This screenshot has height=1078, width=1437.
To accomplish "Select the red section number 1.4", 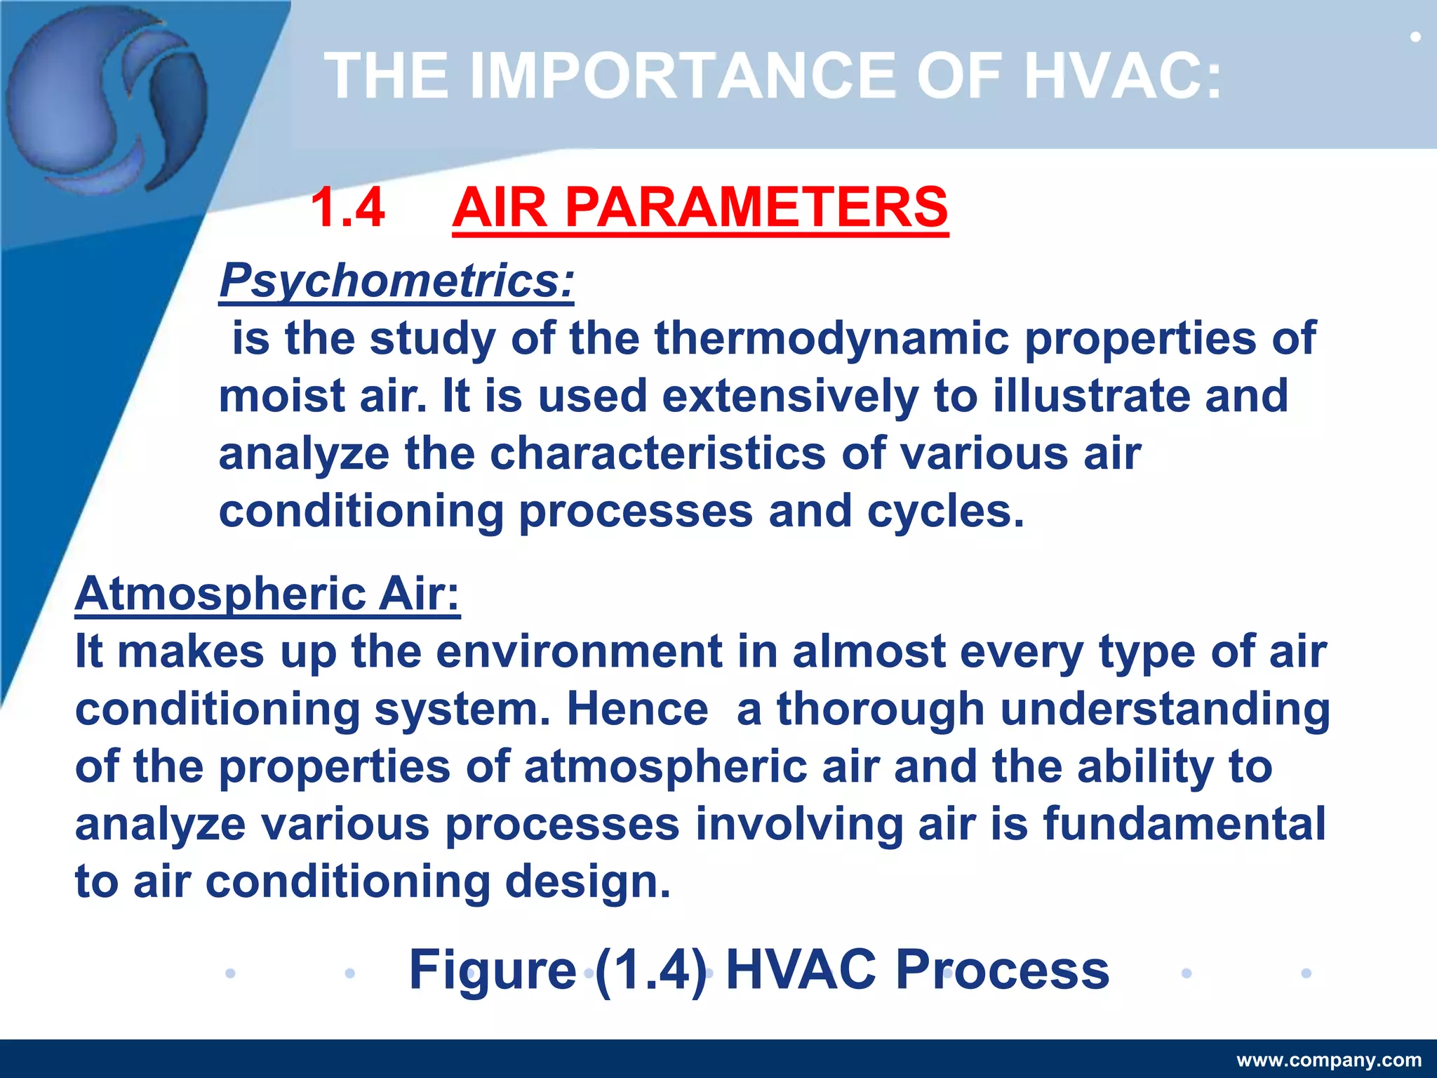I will click(x=347, y=208).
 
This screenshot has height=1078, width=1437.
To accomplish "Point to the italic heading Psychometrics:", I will click(x=396, y=281).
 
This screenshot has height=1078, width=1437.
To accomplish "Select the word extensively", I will click(x=789, y=396).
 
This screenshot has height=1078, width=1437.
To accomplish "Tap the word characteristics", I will click(x=657, y=453).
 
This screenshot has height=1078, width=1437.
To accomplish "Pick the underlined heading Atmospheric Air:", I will click(x=267, y=594).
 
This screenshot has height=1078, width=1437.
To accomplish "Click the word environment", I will click(x=579, y=651).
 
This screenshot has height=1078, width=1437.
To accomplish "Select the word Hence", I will click(x=637, y=709).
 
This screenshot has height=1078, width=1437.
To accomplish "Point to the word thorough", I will click(x=881, y=709).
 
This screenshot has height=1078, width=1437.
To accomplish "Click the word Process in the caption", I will click(x=1002, y=970).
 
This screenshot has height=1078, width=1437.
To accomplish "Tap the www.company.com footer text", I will click(x=1328, y=1060).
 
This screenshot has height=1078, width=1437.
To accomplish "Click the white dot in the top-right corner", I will click(x=1415, y=36).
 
